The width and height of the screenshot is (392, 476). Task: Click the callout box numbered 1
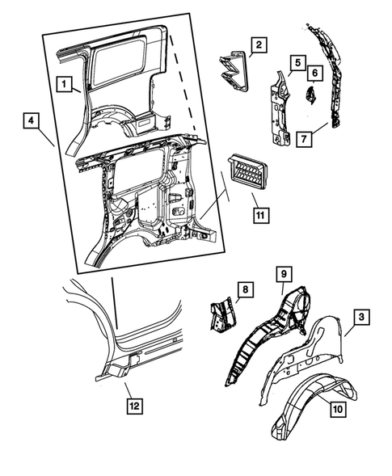(64, 84)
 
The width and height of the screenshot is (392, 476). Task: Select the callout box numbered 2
(259, 45)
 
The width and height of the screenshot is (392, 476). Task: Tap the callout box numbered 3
(361, 317)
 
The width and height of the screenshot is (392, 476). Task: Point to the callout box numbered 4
(32, 120)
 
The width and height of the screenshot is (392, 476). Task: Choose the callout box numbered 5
(297, 63)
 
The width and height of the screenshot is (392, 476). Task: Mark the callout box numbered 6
(314, 73)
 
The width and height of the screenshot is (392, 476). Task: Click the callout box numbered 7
(304, 139)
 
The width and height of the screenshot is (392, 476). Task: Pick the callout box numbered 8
(246, 289)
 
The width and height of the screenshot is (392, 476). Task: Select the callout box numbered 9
(284, 274)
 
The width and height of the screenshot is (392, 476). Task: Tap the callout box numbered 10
(338, 409)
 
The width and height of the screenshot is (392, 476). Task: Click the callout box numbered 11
(260, 216)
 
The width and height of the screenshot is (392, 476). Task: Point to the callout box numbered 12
(134, 406)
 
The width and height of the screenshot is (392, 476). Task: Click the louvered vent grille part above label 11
(247, 173)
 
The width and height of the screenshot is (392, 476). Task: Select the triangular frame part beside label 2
(234, 71)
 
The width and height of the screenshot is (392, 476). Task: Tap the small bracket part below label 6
(310, 95)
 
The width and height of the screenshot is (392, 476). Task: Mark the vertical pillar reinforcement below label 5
(280, 107)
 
